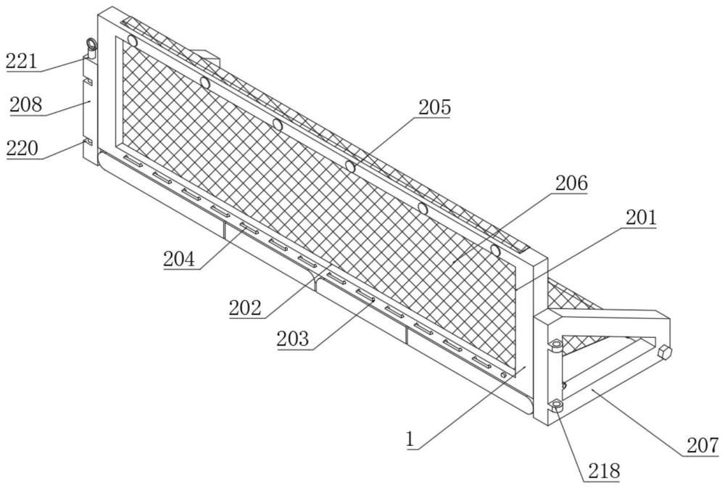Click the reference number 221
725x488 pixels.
pos(22,61)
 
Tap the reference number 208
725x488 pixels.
pos(26,105)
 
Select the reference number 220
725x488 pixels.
pos(22,149)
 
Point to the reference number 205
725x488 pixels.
pos(434,107)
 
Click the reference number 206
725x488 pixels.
pos(571,184)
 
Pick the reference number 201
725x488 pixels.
pos(640,218)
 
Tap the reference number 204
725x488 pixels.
pos(178,258)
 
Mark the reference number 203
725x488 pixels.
pos(292,339)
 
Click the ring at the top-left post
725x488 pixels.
pos(91,46)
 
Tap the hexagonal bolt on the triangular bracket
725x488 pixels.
pos(665,352)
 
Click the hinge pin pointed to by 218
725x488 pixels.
pos(557,406)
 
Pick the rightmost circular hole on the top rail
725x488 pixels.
pos(496,251)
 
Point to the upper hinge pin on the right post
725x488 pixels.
pos(556,346)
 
